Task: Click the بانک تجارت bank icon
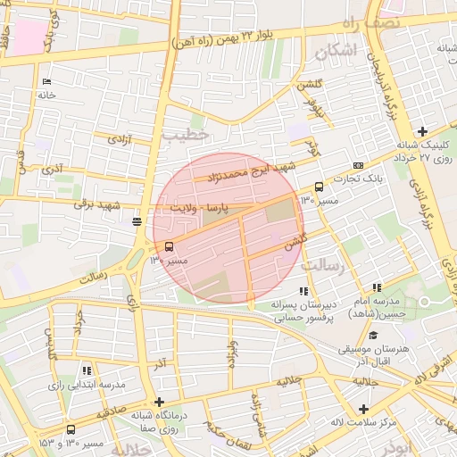[359, 165]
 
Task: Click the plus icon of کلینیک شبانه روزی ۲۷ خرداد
[421, 132]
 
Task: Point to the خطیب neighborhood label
[186, 135]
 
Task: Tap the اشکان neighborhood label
[335, 53]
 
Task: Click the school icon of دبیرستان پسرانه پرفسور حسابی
[304, 291]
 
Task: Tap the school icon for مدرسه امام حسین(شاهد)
[377, 287]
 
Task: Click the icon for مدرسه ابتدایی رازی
[87, 370]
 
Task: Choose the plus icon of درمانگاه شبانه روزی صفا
[159, 402]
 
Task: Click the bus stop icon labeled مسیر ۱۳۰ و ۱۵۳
[71, 429]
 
